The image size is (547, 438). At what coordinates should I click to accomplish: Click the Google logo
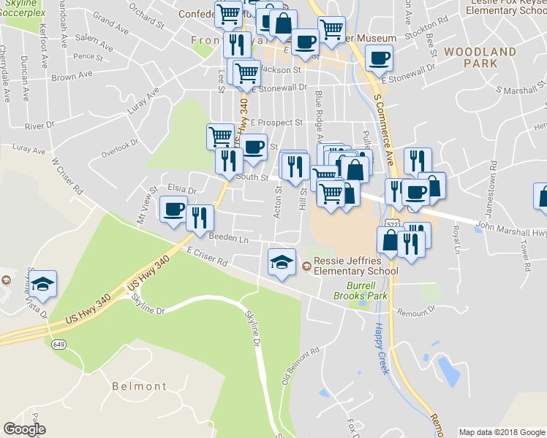pyautogui.click(x=24, y=429)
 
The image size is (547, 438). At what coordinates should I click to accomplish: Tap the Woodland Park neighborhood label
pyautogui.click(x=480, y=58)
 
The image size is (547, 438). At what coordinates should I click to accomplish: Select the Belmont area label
pyautogui.click(x=139, y=386)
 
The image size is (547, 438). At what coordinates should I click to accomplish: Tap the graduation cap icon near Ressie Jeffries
pyautogui.click(x=282, y=262)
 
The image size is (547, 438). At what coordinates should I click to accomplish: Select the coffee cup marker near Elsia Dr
pyautogui.click(x=173, y=210)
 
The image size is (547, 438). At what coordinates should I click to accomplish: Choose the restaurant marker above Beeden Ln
pyautogui.click(x=198, y=218)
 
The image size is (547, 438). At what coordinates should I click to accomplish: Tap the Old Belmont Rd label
pyautogui.click(x=291, y=366)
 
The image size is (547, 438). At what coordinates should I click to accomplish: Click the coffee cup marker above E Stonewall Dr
pyautogui.click(x=378, y=58)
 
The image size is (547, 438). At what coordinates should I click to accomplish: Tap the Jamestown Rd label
pyautogui.click(x=493, y=188)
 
